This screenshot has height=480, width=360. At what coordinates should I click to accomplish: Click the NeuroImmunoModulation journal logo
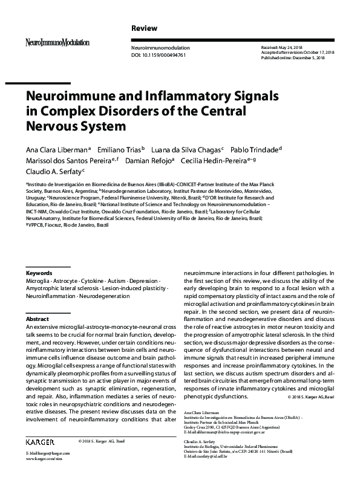(57, 42)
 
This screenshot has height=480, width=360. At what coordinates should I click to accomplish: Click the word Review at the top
(144, 28)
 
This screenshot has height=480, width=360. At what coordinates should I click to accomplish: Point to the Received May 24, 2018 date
(284, 47)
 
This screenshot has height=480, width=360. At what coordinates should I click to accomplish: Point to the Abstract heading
(37, 318)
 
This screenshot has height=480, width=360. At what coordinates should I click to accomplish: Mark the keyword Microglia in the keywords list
(39, 282)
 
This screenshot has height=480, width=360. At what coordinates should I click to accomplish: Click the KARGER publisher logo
(40, 443)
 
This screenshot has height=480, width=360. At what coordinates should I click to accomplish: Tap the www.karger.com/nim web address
(43, 459)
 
